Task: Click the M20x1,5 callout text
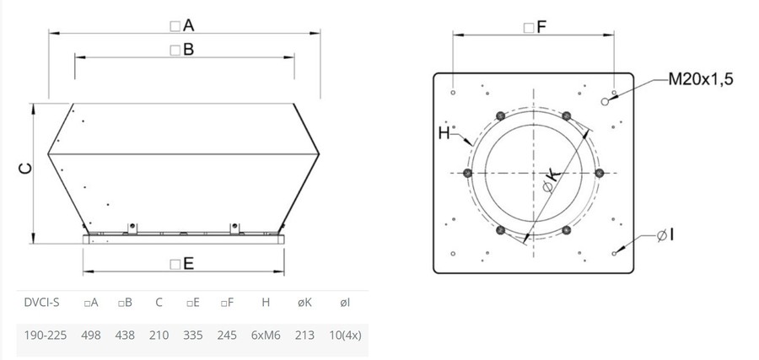click(x=701, y=79)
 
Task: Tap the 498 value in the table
click(x=91, y=335)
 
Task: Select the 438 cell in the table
click(x=125, y=335)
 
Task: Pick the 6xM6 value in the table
click(x=266, y=335)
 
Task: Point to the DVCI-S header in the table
click(x=41, y=303)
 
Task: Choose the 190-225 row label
click(x=45, y=335)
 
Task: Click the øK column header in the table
click(x=304, y=303)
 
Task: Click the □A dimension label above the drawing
click(x=182, y=25)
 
